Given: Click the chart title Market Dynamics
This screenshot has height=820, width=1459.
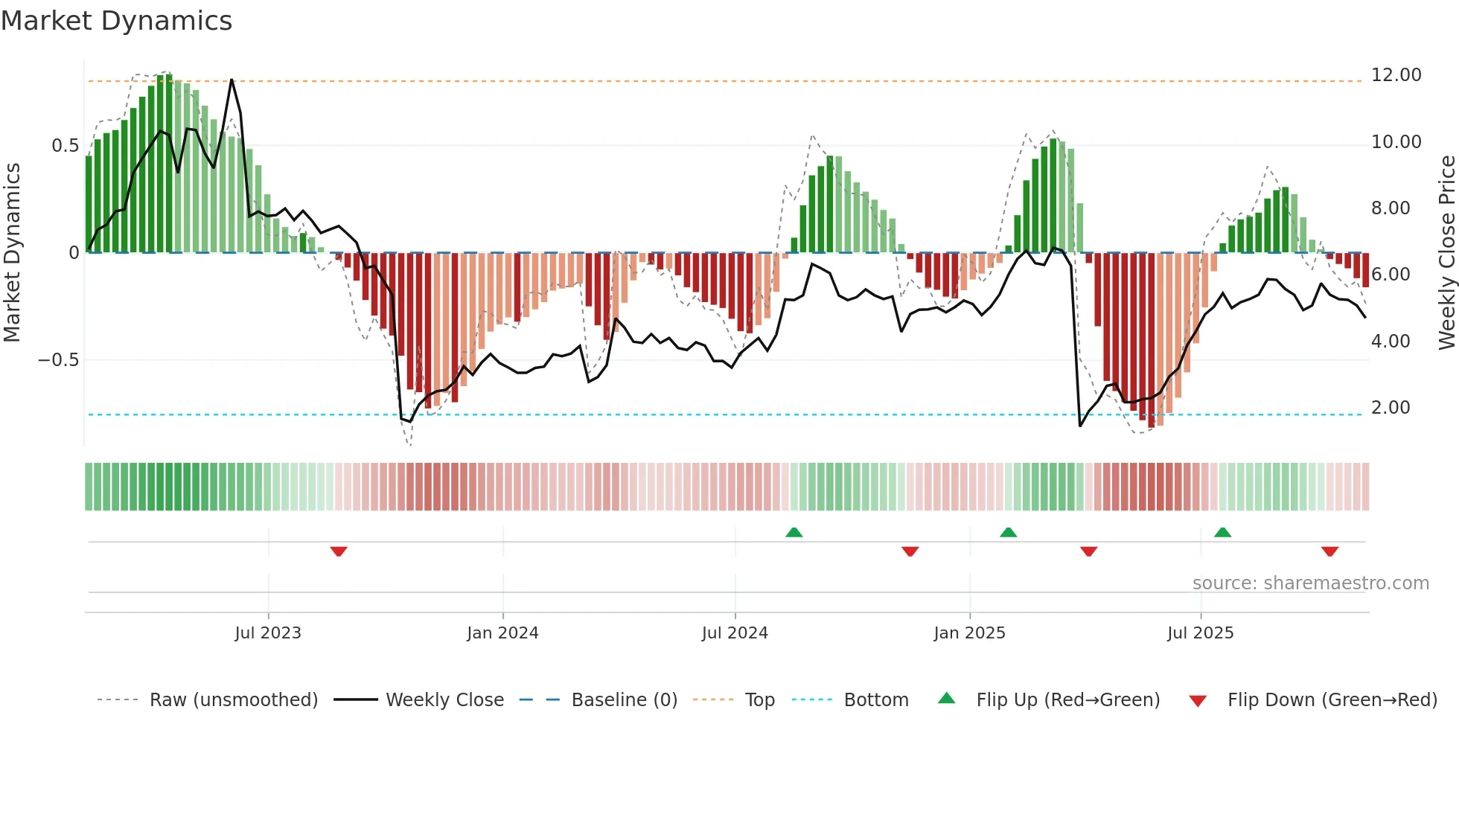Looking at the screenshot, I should coord(116,21).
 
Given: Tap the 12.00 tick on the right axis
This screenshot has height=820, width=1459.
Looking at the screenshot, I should coord(1396,75).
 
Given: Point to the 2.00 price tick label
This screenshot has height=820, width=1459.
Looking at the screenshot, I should coord(1390,408).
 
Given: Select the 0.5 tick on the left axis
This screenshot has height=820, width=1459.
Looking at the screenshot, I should coord(65,146).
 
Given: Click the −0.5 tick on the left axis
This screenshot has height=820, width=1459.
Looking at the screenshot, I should coord(59,360).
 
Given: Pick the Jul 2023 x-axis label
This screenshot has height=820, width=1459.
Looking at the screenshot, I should coord(268,633).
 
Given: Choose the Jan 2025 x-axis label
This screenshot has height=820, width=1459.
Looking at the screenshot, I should coord(969,633).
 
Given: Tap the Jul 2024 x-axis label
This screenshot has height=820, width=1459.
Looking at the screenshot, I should coord(735,633).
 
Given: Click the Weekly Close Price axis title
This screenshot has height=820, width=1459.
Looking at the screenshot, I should coord(1446,252).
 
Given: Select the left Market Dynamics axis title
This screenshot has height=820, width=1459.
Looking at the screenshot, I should coord(12,252).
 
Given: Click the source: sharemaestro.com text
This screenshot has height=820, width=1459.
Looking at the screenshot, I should coord(1310,583).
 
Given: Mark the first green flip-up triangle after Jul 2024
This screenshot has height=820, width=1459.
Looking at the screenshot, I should coord(794,532).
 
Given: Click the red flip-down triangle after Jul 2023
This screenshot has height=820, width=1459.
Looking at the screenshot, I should coord(339,551).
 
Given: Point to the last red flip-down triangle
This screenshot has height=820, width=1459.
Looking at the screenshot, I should coord(1330,551).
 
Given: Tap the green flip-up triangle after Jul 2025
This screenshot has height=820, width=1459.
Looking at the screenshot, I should coord(1222,532).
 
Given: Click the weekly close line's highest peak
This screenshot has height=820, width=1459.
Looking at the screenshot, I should coord(232,80).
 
